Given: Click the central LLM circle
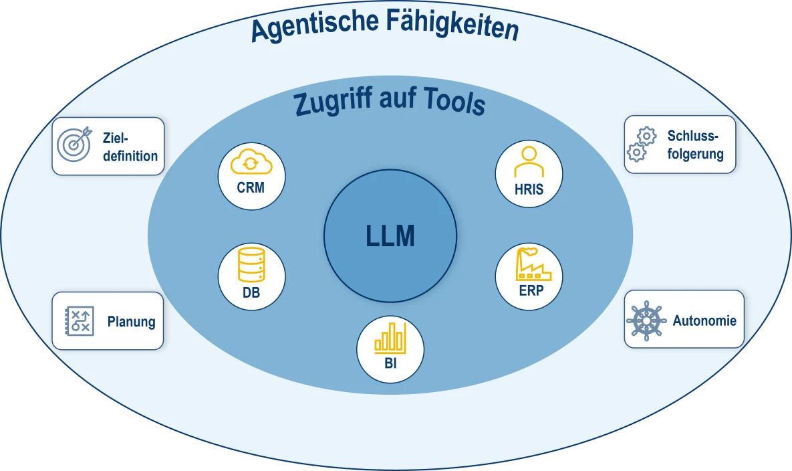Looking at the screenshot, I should point(390,235).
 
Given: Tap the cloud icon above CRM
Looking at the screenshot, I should point(251,163).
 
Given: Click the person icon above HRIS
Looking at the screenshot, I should point(529,163).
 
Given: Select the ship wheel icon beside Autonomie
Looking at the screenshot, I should point(646,320).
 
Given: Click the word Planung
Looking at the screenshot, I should point(131,322).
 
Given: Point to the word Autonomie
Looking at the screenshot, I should point(704,320).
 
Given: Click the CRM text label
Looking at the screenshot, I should point(251,187).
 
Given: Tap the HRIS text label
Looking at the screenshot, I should point(529,189).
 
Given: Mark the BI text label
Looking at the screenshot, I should point(390,364).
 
